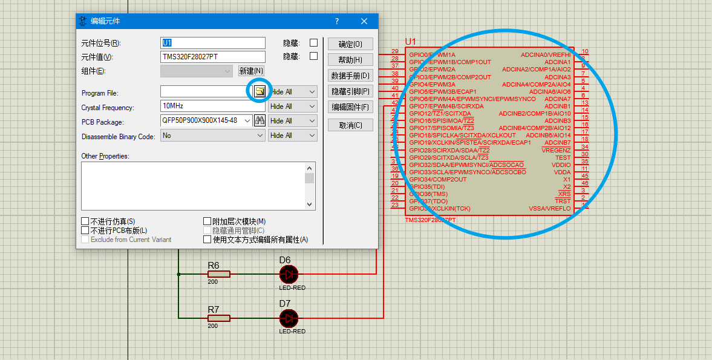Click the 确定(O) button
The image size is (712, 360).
(350, 44)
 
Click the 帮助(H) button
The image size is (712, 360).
(350, 60)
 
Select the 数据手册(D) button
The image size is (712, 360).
(350, 76)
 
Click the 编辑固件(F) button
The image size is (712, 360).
(350, 107)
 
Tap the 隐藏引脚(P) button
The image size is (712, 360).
(350, 91)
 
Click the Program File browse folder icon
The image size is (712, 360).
(259, 91)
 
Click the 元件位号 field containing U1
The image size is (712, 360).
(213, 43)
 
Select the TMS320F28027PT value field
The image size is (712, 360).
(213, 57)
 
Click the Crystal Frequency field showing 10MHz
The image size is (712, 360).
(213, 106)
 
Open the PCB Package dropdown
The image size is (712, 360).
(247, 121)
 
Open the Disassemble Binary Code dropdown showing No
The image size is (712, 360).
(260, 136)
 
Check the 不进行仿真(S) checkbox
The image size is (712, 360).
(85, 221)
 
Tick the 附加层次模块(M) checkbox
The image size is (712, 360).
(207, 221)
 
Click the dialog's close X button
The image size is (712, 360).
(364, 21)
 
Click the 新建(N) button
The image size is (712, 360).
(251, 71)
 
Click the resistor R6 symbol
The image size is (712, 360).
(219, 274)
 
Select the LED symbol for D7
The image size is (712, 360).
(289, 318)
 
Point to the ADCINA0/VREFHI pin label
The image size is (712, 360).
(545, 54)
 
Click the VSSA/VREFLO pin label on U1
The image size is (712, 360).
(549, 209)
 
